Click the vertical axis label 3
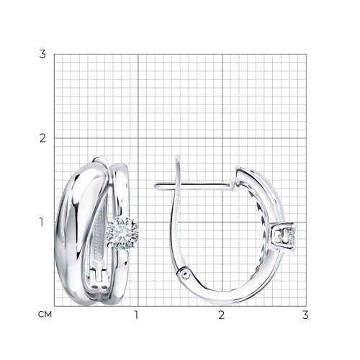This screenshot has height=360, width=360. [x=42, y=54]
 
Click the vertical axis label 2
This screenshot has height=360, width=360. [x=42, y=138]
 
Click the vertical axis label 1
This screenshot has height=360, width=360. [x=42, y=222]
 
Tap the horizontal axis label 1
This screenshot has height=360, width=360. [x=136, y=315]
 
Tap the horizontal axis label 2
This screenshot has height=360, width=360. [x=221, y=315]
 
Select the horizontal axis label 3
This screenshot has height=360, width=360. [x=305, y=315]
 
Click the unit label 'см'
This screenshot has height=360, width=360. [x=45, y=315]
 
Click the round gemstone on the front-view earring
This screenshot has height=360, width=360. [x=122, y=233]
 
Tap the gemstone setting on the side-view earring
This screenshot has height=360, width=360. [x=285, y=236]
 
